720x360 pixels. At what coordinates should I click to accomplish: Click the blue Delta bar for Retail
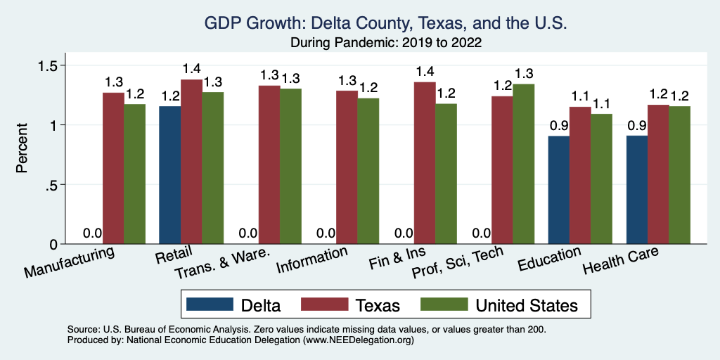[170, 175]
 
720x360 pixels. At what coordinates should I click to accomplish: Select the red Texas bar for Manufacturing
[114, 169]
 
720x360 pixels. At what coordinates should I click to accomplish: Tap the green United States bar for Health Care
[680, 175]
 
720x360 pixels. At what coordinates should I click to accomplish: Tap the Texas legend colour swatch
[326, 304]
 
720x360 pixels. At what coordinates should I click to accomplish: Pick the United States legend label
[527, 305]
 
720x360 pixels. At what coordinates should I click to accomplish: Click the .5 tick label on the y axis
[54, 185]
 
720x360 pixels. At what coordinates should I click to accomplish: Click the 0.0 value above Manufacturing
[92, 233]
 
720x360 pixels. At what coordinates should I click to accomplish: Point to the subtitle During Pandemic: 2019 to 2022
[385, 43]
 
